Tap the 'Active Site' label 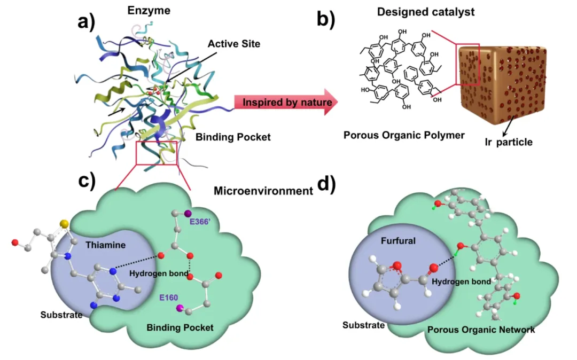click(x=234, y=44)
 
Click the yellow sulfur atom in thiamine click(x=64, y=222)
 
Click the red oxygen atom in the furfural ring click(x=395, y=265)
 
